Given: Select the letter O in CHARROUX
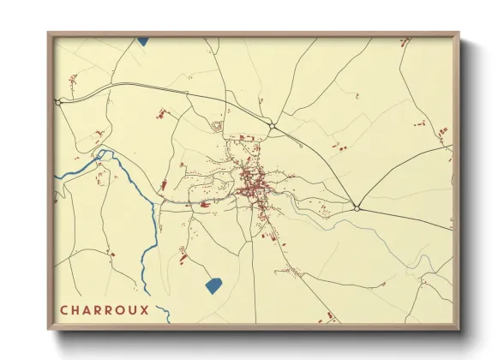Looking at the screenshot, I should click(119, 310).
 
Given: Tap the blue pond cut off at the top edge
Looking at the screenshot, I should click(142, 39).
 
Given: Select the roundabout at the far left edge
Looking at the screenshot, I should click(57, 102).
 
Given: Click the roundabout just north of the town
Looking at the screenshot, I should click(272, 127).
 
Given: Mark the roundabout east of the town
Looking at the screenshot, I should click(357, 207).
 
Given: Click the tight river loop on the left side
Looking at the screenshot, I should click(105, 157).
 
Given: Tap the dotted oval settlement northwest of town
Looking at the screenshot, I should click(217, 127).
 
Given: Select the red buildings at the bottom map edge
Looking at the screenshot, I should click(328, 318).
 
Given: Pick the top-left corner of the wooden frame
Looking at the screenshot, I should click(49, 33).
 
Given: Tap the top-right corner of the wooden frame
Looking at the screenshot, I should click(458, 33).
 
